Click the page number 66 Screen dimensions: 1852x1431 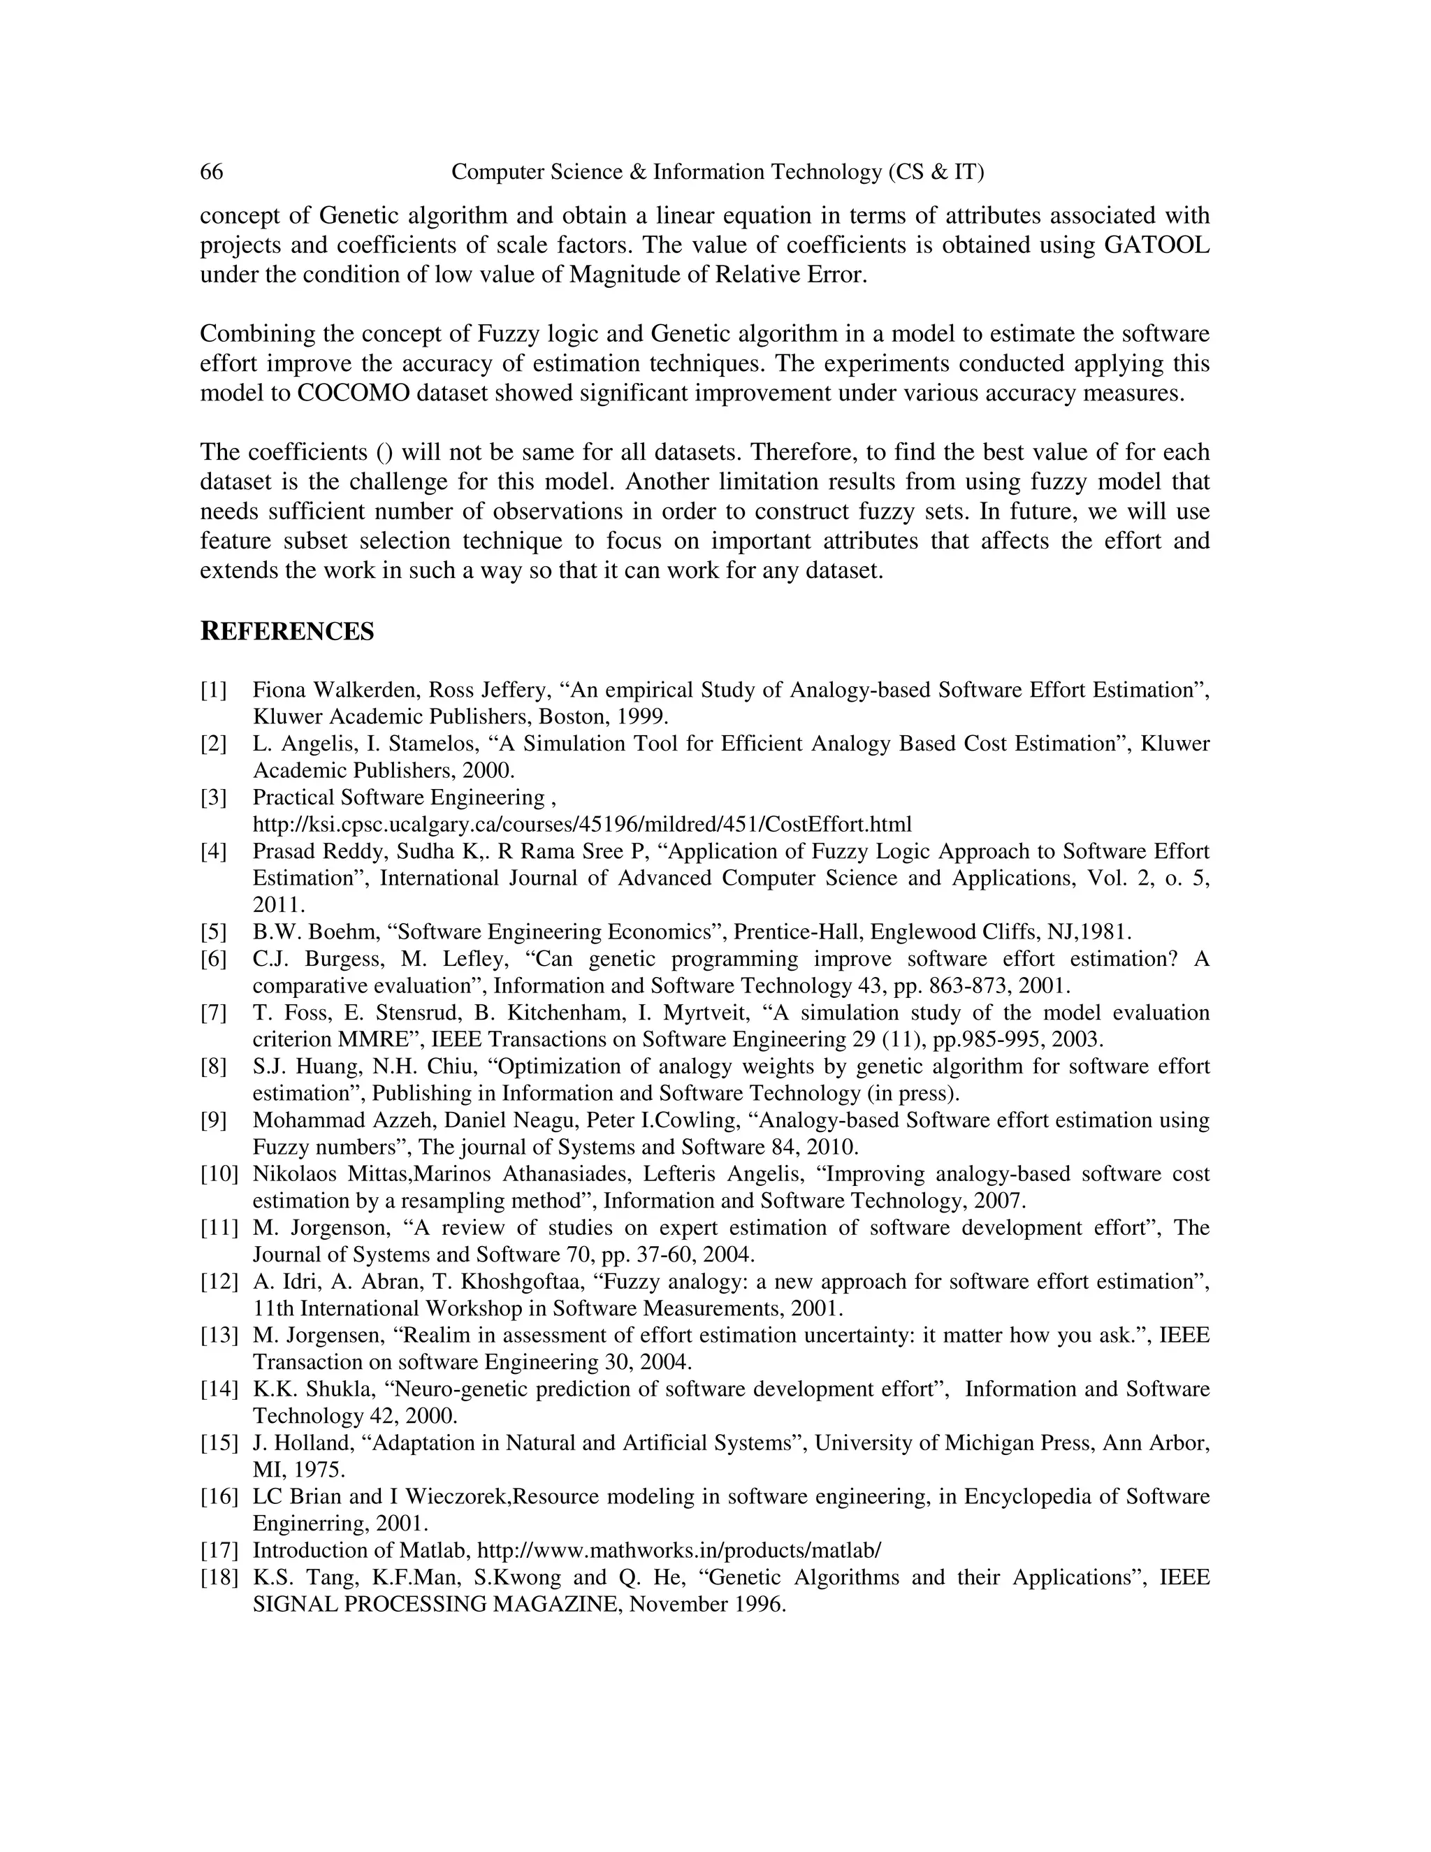tap(211, 172)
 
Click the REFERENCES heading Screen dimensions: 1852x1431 tap(286, 632)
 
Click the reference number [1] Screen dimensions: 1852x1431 tap(214, 690)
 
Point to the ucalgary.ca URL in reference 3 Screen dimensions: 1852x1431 tap(581, 824)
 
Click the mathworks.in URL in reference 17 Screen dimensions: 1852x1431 tap(679, 1551)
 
